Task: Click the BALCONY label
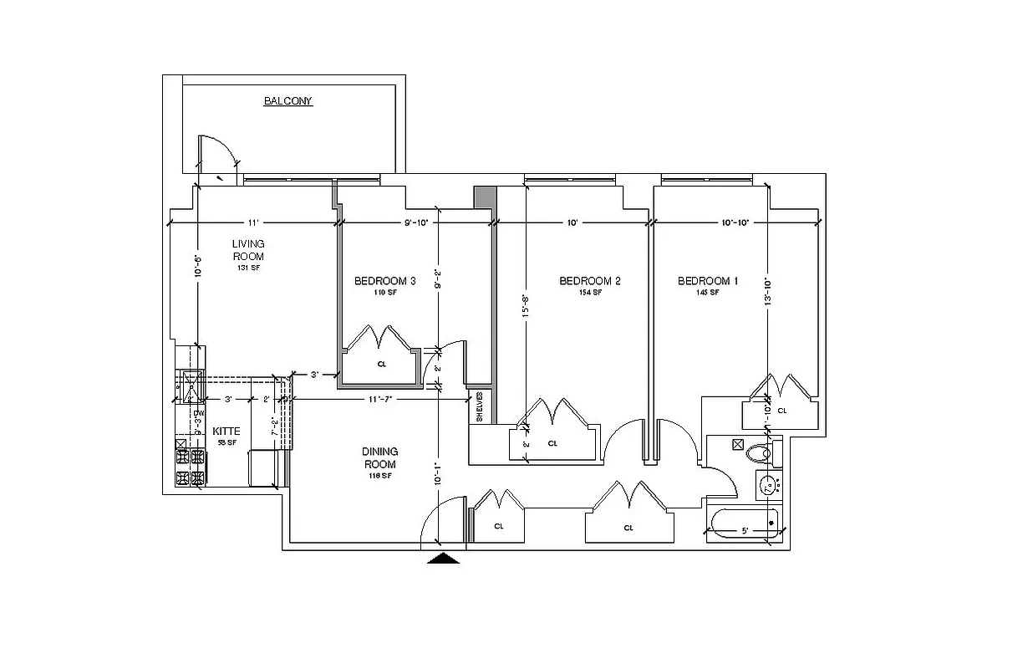(288, 101)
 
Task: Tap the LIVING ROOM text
(248, 250)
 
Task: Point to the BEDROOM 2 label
(589, 281)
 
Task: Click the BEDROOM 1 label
(707, 281)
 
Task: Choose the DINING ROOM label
(379, 457)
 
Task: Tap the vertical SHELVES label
(481, 407)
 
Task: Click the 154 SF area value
(589, 293)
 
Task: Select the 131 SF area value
(248, 268)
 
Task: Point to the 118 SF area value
(379, 475)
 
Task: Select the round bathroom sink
(767, 483)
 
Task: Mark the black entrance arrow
(444, 558)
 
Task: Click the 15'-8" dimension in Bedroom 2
(526, 305)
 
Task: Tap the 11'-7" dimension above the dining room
(380, 400)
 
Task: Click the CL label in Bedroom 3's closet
(381, 364)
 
